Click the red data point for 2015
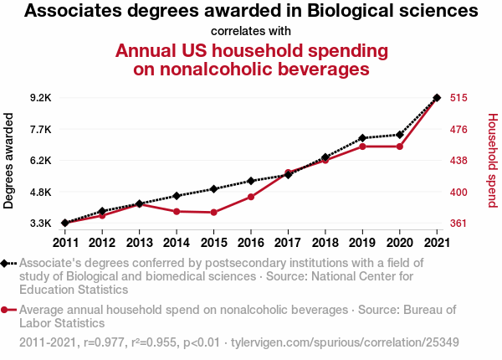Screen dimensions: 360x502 214,213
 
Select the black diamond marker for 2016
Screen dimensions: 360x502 251,181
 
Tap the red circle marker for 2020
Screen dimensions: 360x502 400,147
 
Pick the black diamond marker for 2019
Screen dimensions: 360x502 362,138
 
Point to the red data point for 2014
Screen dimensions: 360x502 177,212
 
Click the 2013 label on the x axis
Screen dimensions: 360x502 140,243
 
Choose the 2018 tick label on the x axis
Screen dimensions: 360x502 325,243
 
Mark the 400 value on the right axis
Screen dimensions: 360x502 458,192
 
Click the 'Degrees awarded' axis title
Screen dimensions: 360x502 9,161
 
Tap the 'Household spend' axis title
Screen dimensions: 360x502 493,161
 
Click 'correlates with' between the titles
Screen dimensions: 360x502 251,32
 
